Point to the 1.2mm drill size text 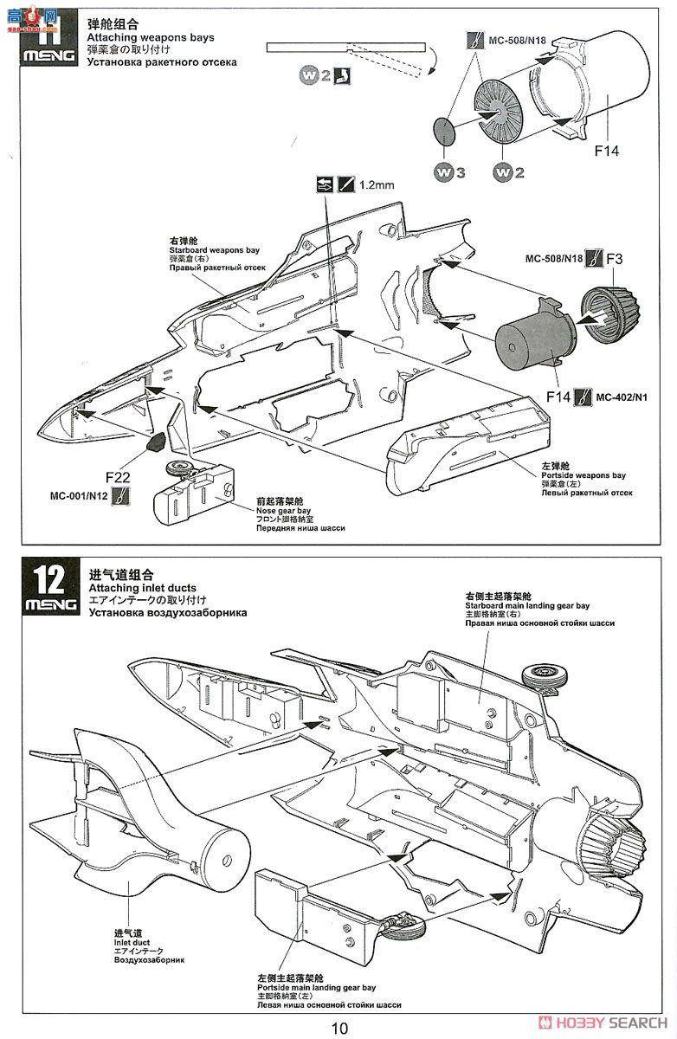tap(377, 184)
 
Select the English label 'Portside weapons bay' tap(583, 475)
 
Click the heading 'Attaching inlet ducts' tap(144, 588)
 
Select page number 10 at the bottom tap(338, 1027)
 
